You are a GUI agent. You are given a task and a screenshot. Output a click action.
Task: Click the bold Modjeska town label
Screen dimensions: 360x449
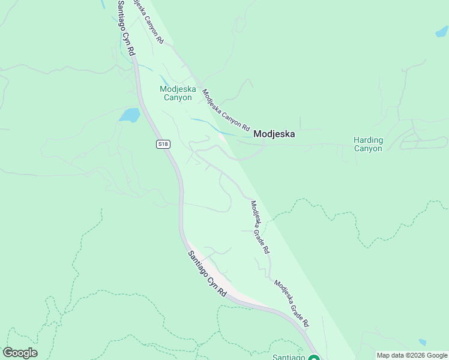[274, 134]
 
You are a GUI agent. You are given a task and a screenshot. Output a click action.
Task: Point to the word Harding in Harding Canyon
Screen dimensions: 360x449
[368, 140]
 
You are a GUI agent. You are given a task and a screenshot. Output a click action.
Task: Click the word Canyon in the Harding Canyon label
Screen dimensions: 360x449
[368, 149]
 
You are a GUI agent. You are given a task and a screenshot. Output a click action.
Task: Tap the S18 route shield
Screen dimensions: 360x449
[163, 144]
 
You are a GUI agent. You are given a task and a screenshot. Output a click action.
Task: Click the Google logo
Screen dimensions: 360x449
[20, 353]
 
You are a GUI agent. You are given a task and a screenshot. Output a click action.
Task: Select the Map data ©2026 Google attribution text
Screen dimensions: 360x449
[412, 355]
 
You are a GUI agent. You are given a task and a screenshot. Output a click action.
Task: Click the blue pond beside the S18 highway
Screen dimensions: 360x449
[130, 115]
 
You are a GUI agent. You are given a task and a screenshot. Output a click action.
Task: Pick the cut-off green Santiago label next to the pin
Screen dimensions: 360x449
[289, 357]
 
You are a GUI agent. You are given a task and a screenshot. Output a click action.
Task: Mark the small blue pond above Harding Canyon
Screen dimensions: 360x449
[441, 32]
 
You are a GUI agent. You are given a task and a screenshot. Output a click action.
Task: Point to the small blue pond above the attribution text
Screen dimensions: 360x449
[423, 343]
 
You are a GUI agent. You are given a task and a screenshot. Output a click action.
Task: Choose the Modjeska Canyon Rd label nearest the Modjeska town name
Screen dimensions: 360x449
[225, 110]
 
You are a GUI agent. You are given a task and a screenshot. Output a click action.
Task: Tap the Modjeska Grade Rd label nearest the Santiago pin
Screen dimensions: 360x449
[292, 303]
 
